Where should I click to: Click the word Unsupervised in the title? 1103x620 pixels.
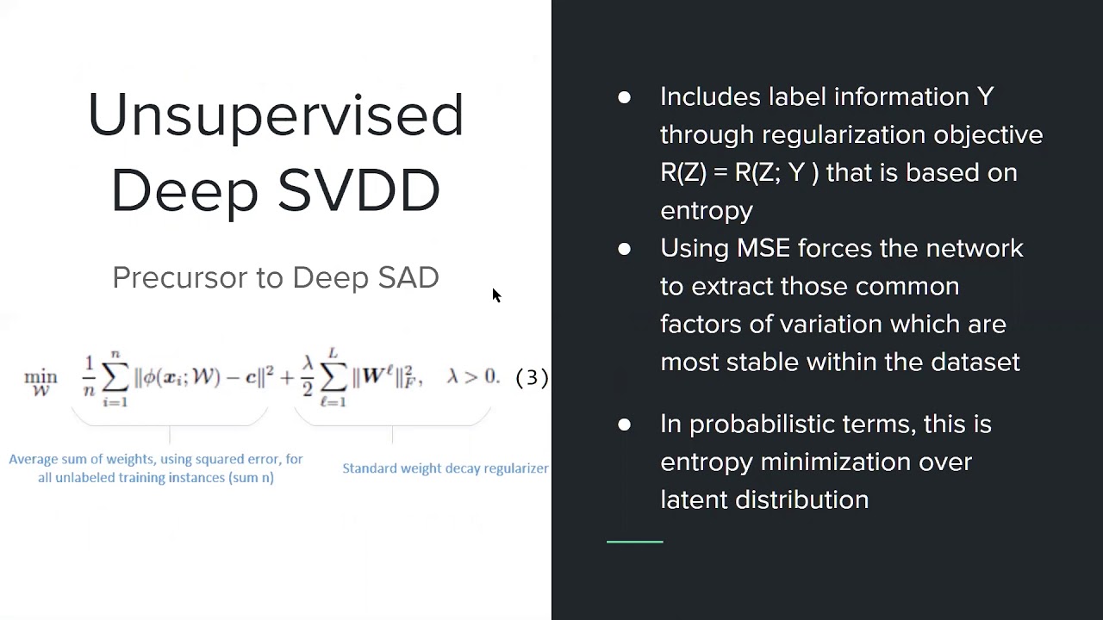(276, 115)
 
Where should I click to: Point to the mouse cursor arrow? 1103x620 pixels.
(496, 295)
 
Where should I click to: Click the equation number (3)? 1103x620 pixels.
(532, 377)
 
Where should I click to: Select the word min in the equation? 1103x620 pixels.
(41, 377)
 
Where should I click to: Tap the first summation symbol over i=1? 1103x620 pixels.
(115, 377)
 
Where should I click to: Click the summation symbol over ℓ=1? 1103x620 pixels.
(333, 377)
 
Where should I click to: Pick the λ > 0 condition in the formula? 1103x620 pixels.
(472, 377)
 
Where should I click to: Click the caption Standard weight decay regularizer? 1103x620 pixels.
(445, 468)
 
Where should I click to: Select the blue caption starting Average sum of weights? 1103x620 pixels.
(156, 468)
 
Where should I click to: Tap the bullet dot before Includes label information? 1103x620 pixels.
(624, 98)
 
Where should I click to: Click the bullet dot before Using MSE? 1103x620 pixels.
(624, 250)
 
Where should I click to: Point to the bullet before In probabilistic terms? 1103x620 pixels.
(624, 425)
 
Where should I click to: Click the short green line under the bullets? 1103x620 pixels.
(635, 542)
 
